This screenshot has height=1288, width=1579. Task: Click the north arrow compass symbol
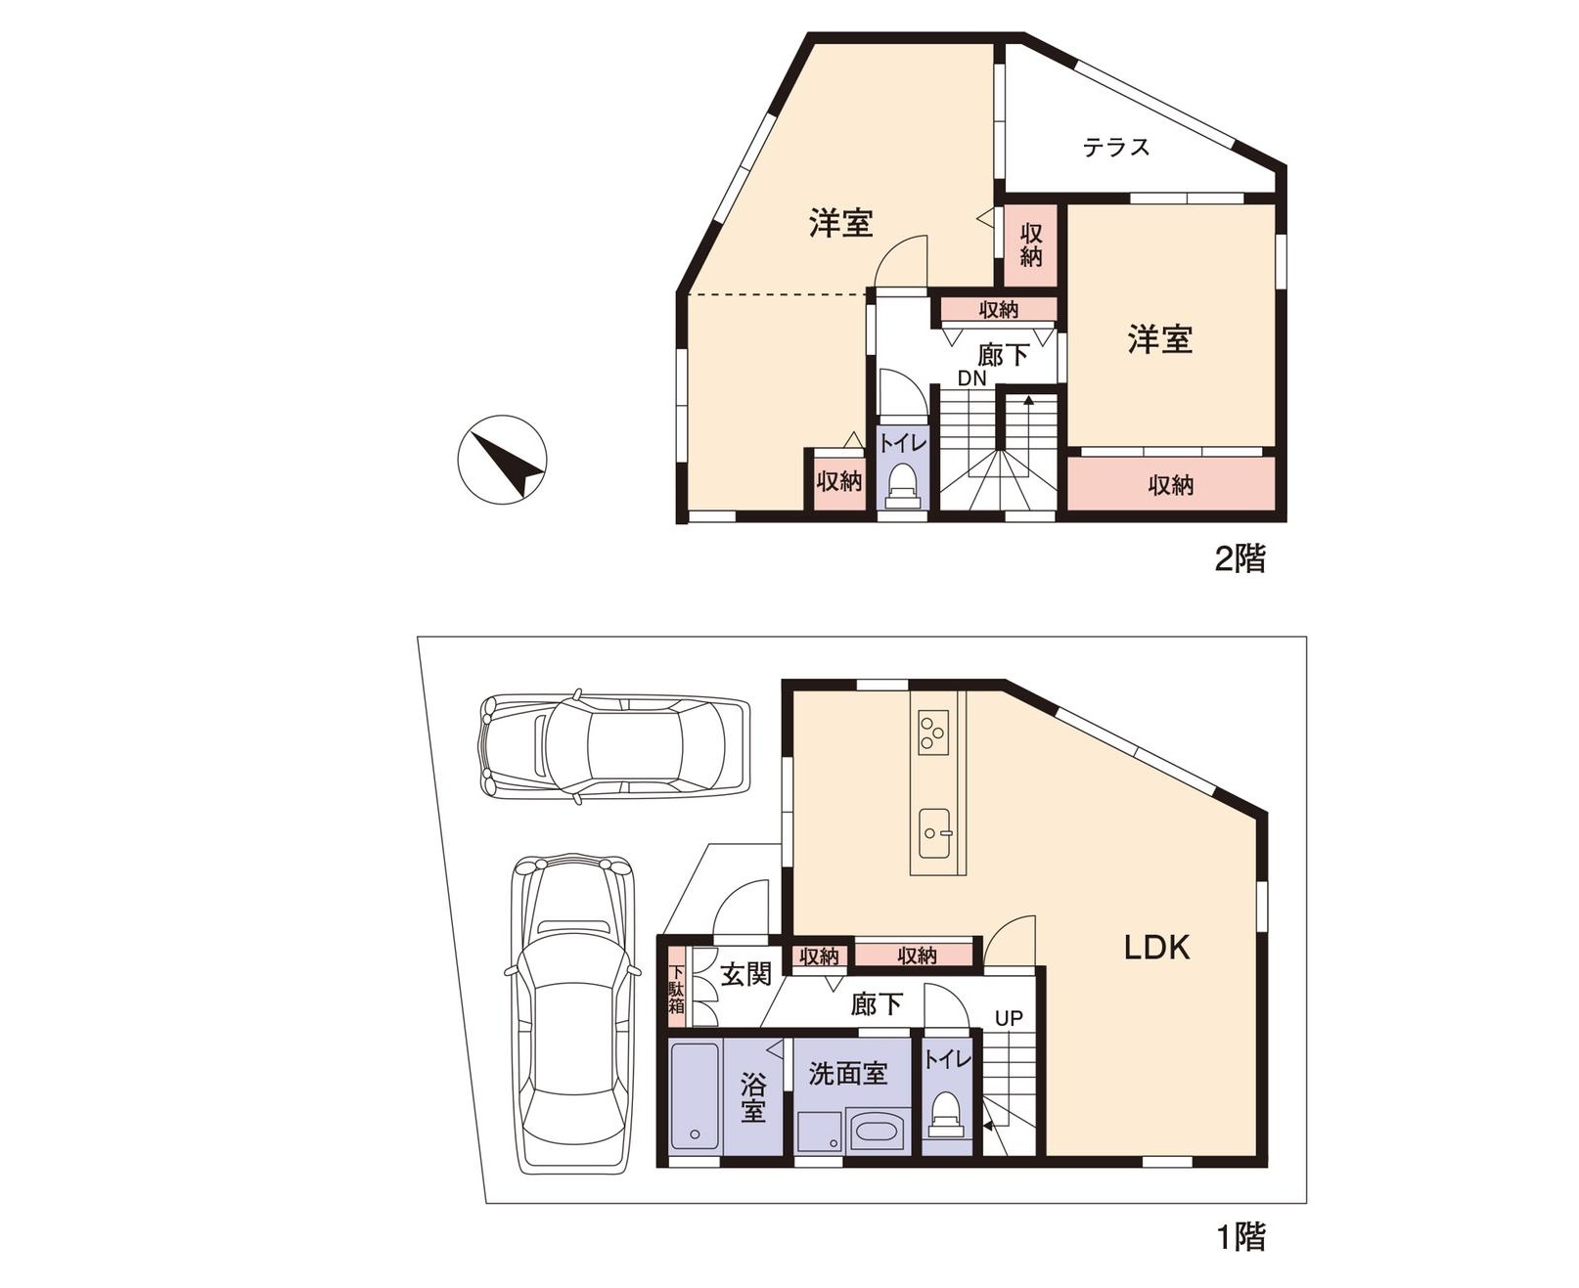[x=502, y=459]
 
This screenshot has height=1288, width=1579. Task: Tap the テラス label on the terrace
[x=1115, y=148]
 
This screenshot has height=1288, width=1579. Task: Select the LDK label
[x=1156, y=947]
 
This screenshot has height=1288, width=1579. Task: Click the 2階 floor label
[x=1240, y=558]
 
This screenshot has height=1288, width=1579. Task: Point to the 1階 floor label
[x=1241, y=1237]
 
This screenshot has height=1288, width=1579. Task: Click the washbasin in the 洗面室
[x=877, y=1132]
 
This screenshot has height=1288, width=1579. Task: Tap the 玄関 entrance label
[x=745, y=973]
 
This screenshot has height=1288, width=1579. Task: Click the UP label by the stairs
[x=1009, y=1018]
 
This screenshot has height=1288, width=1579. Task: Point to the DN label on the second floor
[x=971, y=378]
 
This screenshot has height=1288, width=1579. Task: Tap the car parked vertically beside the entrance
[x=571, y=1014]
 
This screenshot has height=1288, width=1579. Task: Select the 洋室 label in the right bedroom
[x=1160, y=339]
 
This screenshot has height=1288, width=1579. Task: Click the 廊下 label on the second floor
[x=1003, y=354]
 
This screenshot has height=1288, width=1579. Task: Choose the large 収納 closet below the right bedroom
[x=1171, y=483]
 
